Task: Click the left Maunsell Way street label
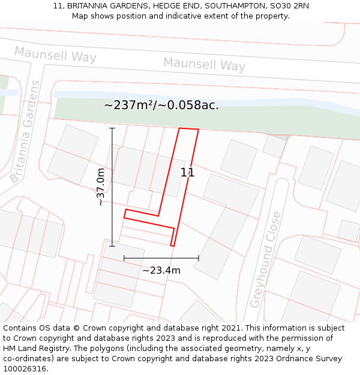pyautogui.click(x=55, y=55)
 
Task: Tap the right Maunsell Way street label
pyautogui.click(x=204, y=64)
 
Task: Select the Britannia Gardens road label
pyautogui.click(x=26, y=132)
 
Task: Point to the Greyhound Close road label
pyautogui.click(x=265, y=259)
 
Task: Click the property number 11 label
pyautogui.click(x=187, y=172)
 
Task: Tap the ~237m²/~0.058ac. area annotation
pyautogui.click(x=161, y=105)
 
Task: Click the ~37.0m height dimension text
pyautogui.click(x=100, y=187)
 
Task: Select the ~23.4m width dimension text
pyautogui.click(x=161, y=271)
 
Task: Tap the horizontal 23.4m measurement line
pyautogui.click(x=161, y=258)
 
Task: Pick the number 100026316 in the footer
pyautogui.click(x=24, y=368)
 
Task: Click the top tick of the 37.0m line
pyautogui.click(x=112, y=128)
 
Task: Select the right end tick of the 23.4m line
pyautogui.click(x=199, y=258)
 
